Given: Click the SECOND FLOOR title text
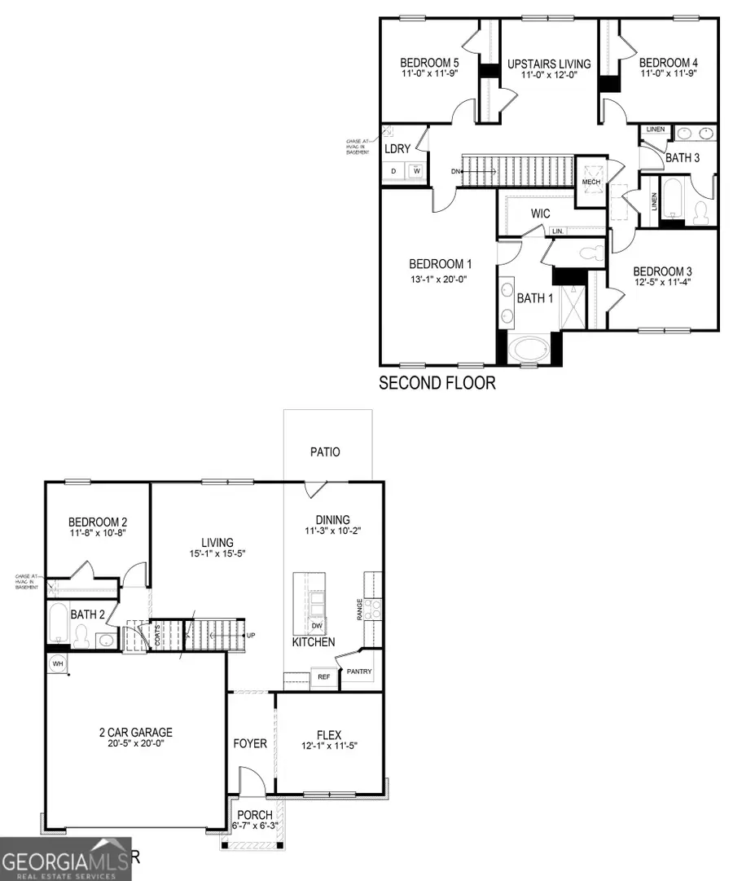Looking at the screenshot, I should tap(437, 382).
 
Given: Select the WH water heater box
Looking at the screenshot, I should tap(58, 664).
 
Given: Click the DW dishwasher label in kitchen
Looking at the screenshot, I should tap(318, 625).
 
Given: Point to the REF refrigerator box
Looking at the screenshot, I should tap(324, 676).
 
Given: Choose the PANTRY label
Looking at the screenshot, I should tap(359, 672).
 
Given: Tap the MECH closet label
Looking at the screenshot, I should tap(590, 182).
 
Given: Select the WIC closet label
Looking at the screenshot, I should tap(541, 214).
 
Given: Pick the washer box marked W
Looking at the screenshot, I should tap(415, 171).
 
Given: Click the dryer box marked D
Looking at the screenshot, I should tap(394, 171).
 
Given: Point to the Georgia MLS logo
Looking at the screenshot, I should tap(65, 860).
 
